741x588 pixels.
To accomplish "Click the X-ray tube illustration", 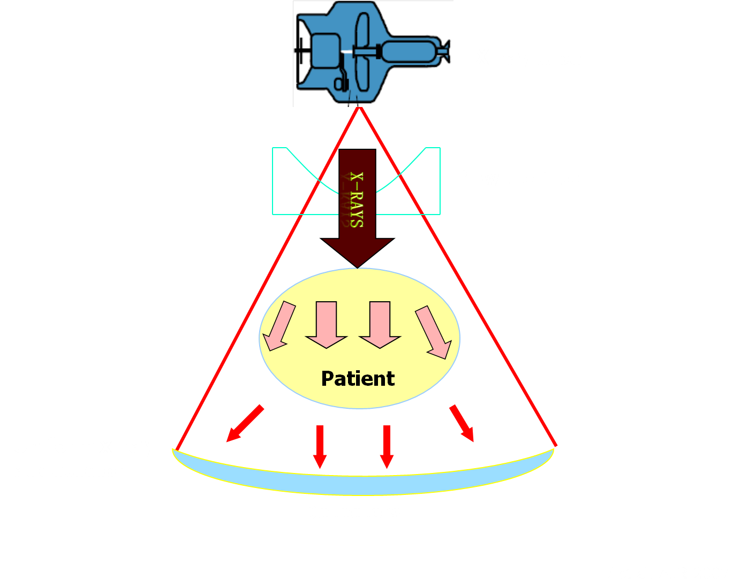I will pyautogui.click(x=373, y=54).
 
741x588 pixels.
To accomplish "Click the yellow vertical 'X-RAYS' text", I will pyautogui.click(x=356, y=200).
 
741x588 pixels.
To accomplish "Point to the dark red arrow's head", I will pyautogui.click(x=357, y=251).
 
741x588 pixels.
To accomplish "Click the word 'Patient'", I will pyautogui.click(x=358, y=379).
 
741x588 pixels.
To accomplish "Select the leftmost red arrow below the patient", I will pyautogui.click(x=245, y=424).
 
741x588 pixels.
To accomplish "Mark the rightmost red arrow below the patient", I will pyautogui.click(x=462, y=423).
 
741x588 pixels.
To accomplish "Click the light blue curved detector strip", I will pyautogui.click(x=362, y=484).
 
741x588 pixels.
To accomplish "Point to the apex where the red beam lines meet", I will pyautogui.click(x=359, y=108).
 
